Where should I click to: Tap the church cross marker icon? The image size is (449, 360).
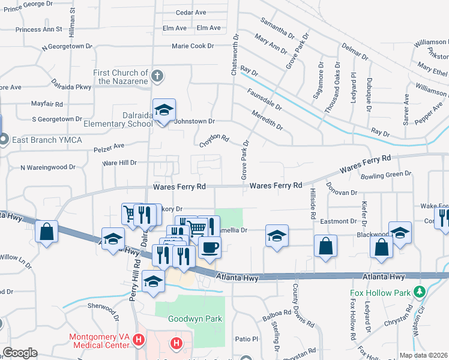coord(157,76)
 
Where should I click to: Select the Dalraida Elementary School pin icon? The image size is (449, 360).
coord(164,110)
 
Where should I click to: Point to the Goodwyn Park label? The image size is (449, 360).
coord(187,319)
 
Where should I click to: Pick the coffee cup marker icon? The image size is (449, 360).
coord(209,247)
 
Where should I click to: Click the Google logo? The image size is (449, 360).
coord(19,353)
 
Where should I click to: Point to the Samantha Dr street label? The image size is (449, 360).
coord(277,28)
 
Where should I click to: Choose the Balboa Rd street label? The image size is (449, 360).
coord(276,318)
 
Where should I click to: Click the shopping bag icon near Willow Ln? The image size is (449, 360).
coord(46,232)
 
